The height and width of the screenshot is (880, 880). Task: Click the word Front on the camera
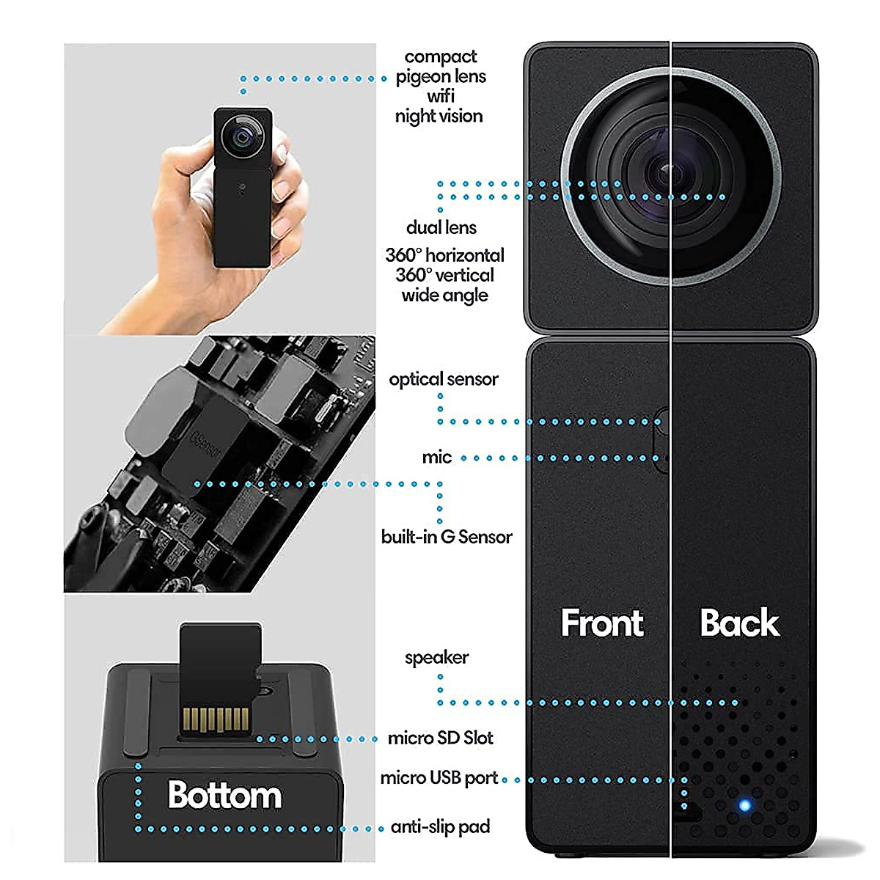tap(602, 623)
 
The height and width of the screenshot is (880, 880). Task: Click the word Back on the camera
tap(739, 623)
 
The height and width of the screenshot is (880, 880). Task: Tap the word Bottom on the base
tap(224, 795)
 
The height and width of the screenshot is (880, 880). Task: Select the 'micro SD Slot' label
tap(440, 738)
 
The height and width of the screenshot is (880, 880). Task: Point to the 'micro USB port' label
tap(439, 777)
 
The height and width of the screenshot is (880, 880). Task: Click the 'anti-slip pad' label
tap(440, 827)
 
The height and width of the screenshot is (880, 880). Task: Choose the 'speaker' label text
tap(436, 657)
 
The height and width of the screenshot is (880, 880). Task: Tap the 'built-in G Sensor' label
tap(446, 537)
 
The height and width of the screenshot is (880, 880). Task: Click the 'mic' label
tap(436, 458)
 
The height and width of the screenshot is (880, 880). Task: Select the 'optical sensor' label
tap(443, 379)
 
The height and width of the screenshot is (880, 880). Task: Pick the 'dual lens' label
tap(441, 228)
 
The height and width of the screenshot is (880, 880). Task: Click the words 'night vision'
tap(439, 116)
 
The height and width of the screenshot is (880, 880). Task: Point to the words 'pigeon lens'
tap(441, 76)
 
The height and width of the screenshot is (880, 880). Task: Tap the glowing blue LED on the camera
tap(745, 805)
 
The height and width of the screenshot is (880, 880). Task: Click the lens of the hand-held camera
tap(242, 136)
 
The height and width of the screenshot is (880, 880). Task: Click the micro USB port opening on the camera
tap(689, 813)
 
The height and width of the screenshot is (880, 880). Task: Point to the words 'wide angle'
tap(444, 296)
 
